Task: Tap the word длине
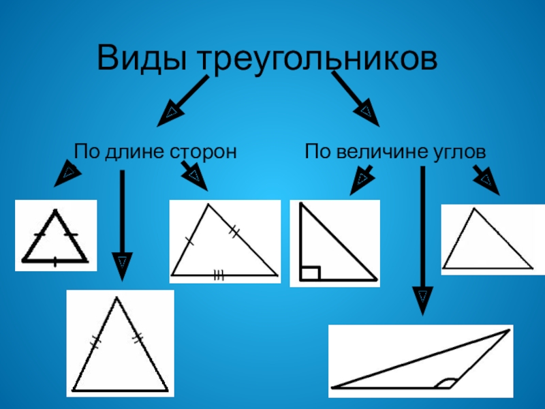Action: coord(134,151)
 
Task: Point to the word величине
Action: coord(377,151)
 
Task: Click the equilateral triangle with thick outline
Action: coord(55,240)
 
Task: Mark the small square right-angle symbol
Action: coord(310,273)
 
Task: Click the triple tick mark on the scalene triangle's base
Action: coord(218,275)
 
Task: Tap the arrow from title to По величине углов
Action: coord(355,99)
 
